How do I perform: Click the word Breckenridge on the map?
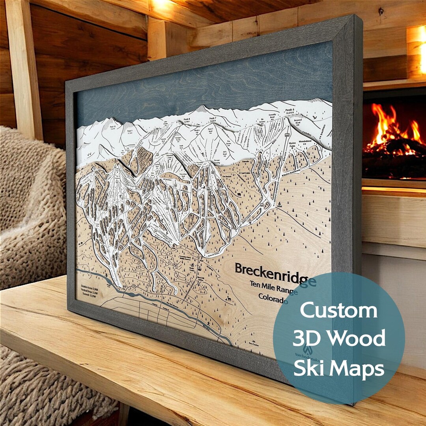point(275,273)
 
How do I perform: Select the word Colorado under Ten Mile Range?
point(273,298)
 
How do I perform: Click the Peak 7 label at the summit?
point(213,118)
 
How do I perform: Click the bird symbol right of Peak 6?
point(315,117)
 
